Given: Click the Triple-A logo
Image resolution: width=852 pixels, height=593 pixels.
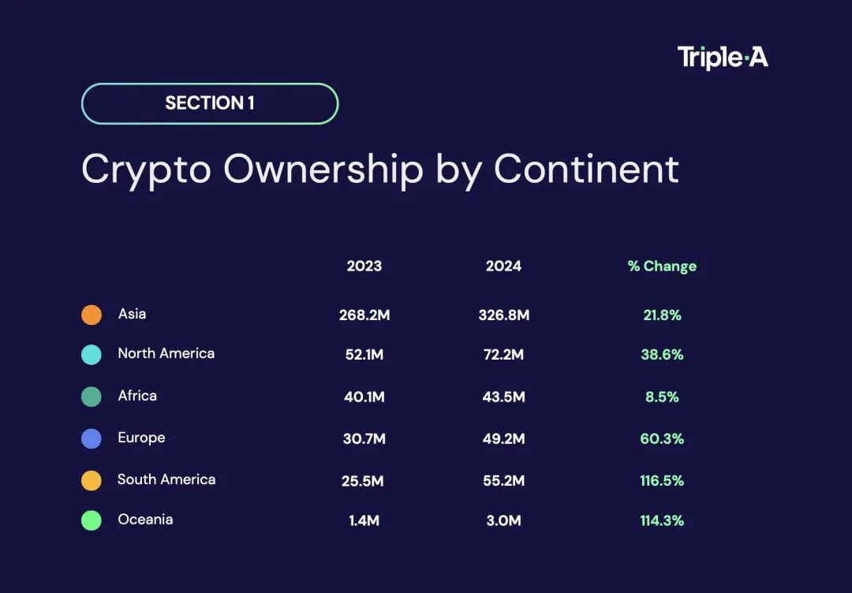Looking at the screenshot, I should (722, 58).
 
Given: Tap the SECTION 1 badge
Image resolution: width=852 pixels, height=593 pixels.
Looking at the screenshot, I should (210, 103).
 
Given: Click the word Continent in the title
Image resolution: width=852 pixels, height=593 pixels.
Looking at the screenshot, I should (586, 169).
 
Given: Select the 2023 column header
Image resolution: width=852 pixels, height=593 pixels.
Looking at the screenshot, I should (364, 266).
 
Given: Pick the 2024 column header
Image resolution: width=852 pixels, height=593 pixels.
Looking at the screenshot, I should (503, 266).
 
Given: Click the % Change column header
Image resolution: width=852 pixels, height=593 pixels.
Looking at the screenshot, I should (662, 266).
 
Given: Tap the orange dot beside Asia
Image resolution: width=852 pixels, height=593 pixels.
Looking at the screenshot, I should (92, 315).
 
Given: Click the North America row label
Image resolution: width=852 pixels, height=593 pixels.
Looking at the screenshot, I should (166, 353).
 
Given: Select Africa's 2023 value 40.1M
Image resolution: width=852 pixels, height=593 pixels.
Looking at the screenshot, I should (364, 397).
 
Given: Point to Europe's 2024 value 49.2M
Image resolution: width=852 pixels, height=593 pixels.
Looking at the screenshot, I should (503, 438).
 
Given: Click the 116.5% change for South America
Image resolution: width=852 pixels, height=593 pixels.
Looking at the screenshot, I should (662, 480).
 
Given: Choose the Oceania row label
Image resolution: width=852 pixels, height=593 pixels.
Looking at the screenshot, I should (145, 520).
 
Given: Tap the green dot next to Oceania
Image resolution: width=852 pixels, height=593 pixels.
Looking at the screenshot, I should (92, 520).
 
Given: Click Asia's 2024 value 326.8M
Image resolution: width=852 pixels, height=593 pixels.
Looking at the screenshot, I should (503, 315).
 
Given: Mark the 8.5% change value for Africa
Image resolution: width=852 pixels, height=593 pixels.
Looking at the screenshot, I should (662, 397).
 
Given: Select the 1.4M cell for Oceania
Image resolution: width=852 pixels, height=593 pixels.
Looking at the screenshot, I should (364, 520).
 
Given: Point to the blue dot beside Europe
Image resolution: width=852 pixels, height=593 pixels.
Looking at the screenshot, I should (92, 438).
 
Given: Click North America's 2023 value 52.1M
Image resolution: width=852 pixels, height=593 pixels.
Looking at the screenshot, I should (364, 355).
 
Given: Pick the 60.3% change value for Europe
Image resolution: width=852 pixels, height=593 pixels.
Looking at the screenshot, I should (662, 438).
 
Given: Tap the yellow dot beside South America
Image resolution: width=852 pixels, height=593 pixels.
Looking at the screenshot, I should (92, 480).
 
